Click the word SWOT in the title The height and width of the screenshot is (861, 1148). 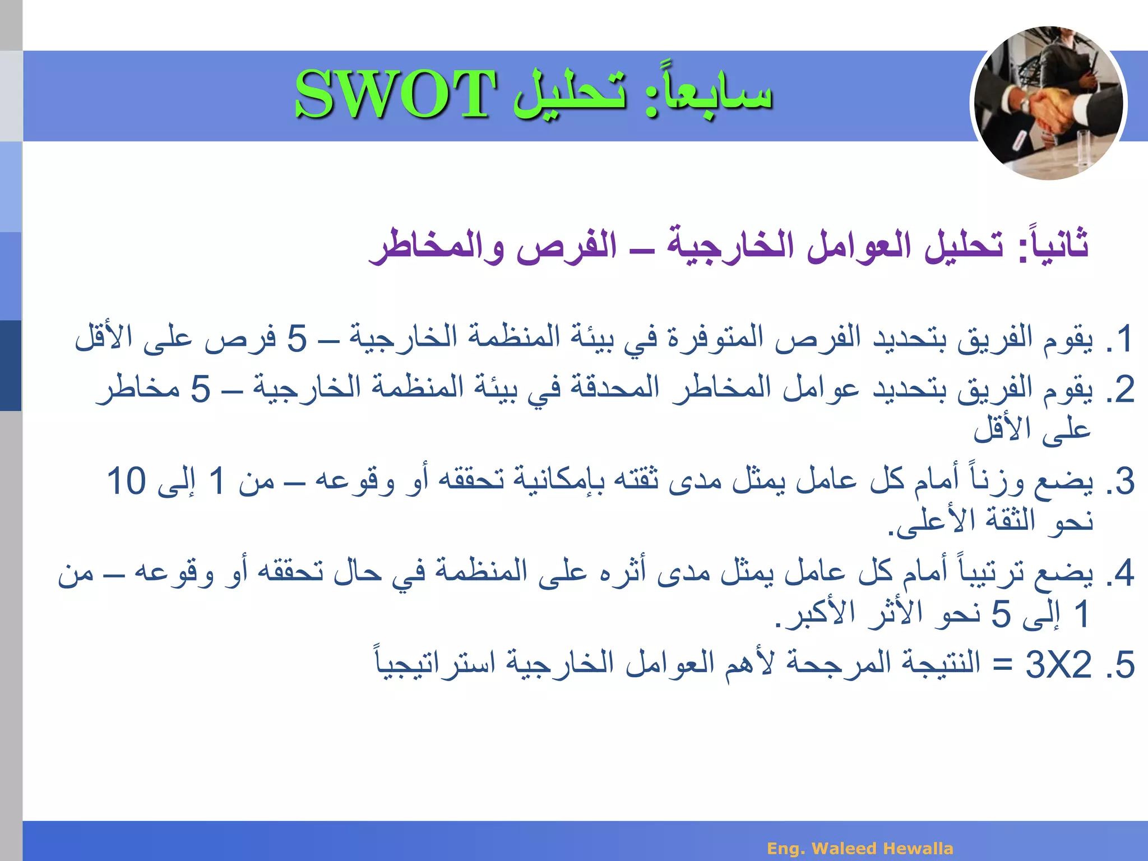395,94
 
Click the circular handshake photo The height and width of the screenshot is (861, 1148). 1048,104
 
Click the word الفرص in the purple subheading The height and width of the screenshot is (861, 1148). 566,247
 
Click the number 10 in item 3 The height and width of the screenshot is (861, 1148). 127,482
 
